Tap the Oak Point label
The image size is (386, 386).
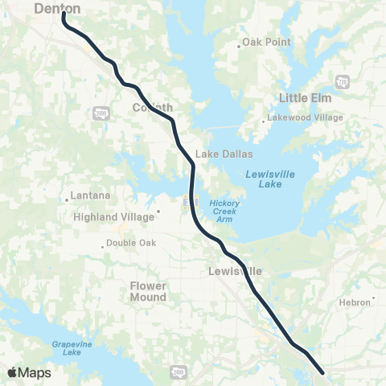click(265, 42)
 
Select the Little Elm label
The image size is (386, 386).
click(305, 98)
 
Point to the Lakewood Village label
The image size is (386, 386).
click(309, 117)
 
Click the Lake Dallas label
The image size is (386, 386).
click(224, 154)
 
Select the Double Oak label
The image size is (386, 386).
click(131, 245)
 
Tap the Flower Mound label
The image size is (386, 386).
click(148, 291)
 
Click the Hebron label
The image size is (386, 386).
click(355, 302)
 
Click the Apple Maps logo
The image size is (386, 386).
click(29, 372)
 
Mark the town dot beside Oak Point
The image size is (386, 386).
click(239, 45)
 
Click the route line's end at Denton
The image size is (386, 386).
click(64, 14)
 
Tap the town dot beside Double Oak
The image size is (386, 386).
click(103, 246)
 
